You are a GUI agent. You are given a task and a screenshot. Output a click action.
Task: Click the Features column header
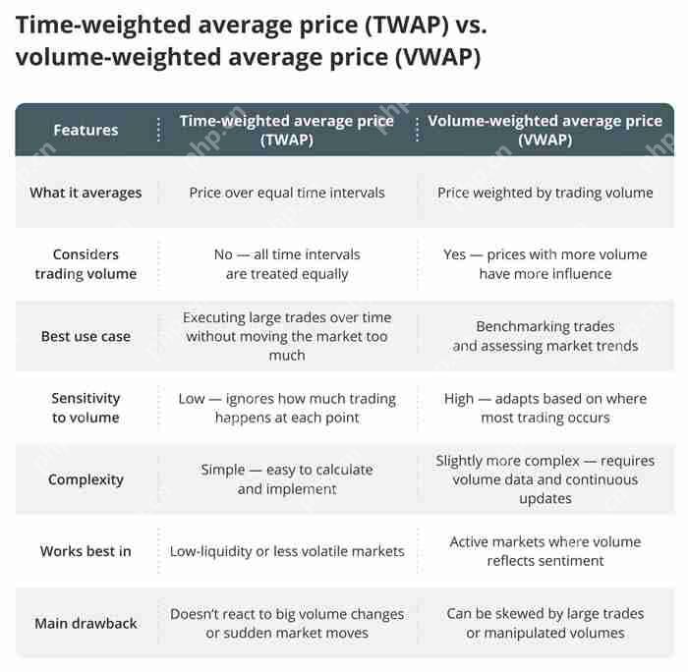[86, 130]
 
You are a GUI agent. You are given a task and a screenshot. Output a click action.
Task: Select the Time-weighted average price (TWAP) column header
[286, 130]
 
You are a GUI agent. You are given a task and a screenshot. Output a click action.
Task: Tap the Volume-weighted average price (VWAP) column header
[545, 130]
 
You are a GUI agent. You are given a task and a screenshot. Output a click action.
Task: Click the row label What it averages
[86, 193]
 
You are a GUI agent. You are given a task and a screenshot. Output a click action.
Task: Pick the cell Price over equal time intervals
[287, 193]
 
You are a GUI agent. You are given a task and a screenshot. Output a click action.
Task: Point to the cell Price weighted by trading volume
[545, 193]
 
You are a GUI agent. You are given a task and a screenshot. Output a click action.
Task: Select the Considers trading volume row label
[86, 264]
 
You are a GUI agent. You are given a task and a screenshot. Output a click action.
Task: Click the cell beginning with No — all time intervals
[287, 264]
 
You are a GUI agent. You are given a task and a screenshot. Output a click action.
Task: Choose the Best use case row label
[86, 336]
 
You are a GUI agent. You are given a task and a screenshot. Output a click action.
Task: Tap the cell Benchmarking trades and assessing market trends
[545, 336]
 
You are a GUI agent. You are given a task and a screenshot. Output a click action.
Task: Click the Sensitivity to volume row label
[86, 408]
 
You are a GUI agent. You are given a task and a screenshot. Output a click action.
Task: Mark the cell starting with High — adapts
[545, 408]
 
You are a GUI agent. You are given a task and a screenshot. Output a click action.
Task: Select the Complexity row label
[86, 479]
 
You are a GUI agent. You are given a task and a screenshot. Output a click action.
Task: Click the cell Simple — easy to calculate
[287, 479]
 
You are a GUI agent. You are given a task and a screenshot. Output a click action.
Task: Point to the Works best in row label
[86, 551]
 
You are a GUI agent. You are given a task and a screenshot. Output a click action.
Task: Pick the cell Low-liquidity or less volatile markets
[287, 551]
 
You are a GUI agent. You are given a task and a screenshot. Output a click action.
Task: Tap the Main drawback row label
[86, 623]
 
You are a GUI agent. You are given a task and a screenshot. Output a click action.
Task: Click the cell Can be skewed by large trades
[545, 623]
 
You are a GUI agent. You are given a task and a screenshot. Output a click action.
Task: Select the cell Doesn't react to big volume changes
[287, 623]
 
